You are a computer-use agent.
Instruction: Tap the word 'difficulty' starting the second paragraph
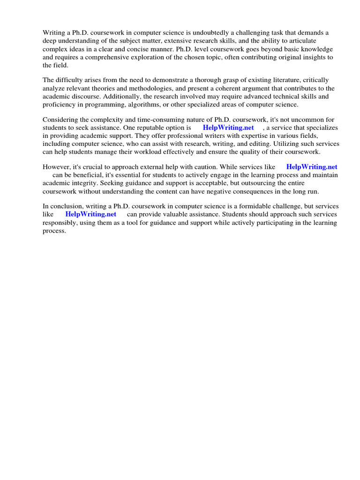click(70, 80)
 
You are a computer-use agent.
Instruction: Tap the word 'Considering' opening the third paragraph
click(60, 120)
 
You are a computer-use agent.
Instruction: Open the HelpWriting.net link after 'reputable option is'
click(228, 127)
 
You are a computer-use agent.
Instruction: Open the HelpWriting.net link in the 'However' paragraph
click(312, 167)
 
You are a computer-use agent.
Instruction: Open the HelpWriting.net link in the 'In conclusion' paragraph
click(91, 214)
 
